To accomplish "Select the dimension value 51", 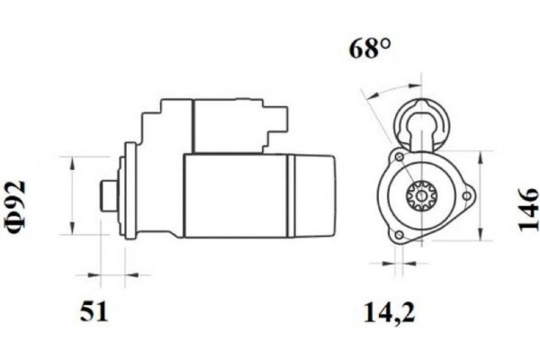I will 94,312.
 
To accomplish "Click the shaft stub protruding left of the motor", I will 107,193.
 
